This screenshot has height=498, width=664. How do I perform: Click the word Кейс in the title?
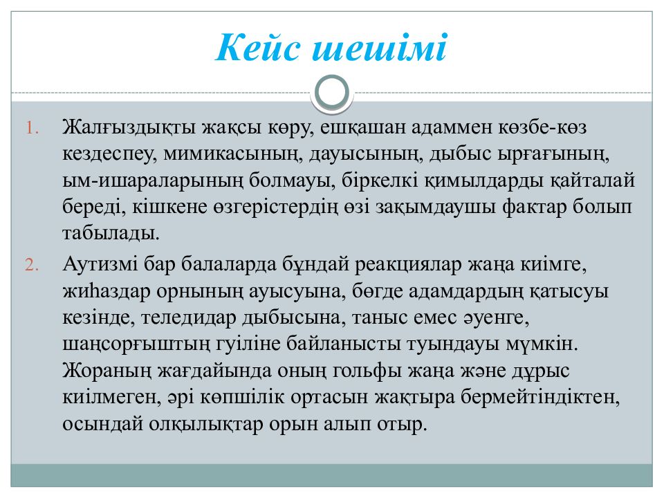[257, 49]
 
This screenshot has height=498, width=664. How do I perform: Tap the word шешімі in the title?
[380, 49]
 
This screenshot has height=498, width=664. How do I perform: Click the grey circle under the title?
[331, 93]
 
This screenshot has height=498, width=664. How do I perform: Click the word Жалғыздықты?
[133, 129]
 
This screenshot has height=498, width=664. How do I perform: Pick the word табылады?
[111, 233]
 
